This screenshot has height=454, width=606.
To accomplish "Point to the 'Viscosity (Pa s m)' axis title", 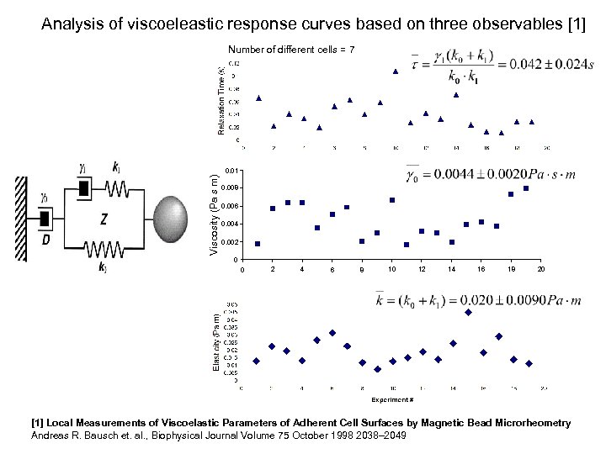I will pyautogui.click(x=215, y=215).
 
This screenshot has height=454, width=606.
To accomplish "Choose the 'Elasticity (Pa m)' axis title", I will pyautogui.click(x=216, y=342).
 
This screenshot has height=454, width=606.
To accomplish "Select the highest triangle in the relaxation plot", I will pyautogui.click(x=396, y=71).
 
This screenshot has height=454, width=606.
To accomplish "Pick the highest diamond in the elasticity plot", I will pyautogui.click(x=468, y=312).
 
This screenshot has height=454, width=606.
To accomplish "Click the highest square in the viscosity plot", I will pyautogui.click(x=526, y=188).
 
